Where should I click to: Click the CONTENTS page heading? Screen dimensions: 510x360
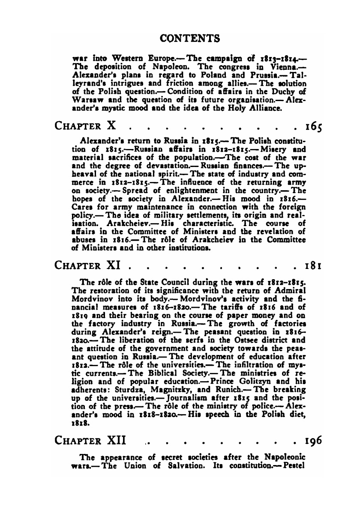[189, 39]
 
